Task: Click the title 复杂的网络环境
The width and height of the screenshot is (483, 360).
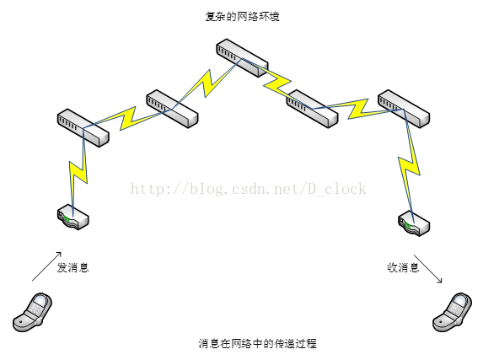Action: pyautogui.click(x=242, y=16)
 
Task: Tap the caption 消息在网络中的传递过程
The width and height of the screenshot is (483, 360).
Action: pyautogui.click(x=258, y=343)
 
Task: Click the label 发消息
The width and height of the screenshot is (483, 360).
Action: pyautogui.click(x=72, y=267)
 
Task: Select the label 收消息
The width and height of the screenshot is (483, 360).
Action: pyautogui.click(x=403, y=267)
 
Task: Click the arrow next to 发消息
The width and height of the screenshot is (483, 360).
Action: pyautogui.click(x=47, y=266)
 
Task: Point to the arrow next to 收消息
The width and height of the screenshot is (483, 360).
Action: pyautogui.click(x=428, y=268)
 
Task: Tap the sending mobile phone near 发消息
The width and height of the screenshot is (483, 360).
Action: pyautogui.click(x=32, y=312)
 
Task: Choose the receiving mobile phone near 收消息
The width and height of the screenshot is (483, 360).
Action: pyautogui.click(x=452, y=312)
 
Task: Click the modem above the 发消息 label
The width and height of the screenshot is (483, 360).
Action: pyautogui.click(x=73, y=217)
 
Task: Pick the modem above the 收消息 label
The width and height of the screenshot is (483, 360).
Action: pyautogui.click(x=414, y=223)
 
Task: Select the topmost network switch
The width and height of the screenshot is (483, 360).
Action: pyautogui.click(x=242, y=57)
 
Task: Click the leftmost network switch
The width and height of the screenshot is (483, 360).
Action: pyautogui.click(x=83, y=127)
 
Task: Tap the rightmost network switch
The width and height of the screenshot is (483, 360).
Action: pyautogui.click(x=404, y=109)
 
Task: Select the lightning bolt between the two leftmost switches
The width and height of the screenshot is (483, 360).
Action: pyautogui.click(x=127, y=118)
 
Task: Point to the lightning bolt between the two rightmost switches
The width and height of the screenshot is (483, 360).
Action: pyautogui.click(x=357, y=109)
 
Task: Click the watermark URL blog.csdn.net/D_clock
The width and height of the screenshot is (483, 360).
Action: pyautogui.click(x=249, y=189)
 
